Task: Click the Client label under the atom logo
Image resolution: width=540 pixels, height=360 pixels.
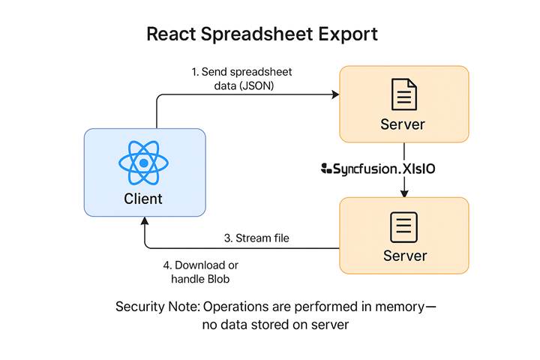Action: pyautogui.click(x=143, y=199)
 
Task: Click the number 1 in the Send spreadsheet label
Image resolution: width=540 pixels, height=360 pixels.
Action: pyautogui.click(x=194, y=71)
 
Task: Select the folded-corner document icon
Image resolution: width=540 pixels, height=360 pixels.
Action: pyautogui.click(x=404, y=94)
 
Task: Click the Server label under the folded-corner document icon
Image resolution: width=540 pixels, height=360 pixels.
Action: pyautogui.click(x=404, y=124)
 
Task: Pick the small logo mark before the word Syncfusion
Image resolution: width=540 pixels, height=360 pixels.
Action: pyautogui.click(x=326, y=169)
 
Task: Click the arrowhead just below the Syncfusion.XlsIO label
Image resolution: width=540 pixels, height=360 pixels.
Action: pyautogui.click(x=404, y=193)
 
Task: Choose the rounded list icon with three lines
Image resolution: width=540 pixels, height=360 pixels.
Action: pyautogui.click(x=404, y=227)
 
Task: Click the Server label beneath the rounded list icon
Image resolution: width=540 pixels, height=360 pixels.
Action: pyautogui.click(x=404, y=256)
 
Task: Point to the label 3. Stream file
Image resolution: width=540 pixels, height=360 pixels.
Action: pyautogui.click(x=256, y=238)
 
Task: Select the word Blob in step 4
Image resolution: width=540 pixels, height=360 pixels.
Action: pyautogui.click(x=217, y=280)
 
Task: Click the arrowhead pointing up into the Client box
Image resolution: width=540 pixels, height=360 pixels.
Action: pyautogui.click(x=143, y=223)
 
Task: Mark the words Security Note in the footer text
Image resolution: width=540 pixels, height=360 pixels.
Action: pyautogui.click(x=157, y=307)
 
